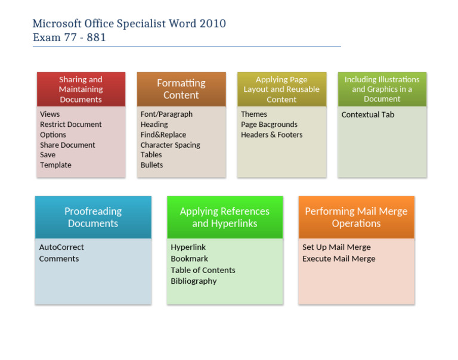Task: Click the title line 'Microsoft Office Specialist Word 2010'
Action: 129,24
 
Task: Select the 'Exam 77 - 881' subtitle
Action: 69,38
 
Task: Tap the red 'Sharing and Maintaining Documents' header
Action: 81,89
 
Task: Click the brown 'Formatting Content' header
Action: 181,89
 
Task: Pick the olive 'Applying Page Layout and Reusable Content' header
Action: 281,89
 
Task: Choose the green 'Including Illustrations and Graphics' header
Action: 382,89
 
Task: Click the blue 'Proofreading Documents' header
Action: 93,218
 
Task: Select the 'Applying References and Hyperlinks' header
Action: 225,218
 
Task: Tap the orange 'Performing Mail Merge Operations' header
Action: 356,218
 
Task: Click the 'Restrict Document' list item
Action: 71,125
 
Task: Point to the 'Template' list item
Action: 55,165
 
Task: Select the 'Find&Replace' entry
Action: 163,135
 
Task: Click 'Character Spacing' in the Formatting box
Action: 170,145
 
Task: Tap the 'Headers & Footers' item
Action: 271,135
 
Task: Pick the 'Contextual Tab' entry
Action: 367,114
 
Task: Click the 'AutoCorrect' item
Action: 61,247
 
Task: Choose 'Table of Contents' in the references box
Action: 203,270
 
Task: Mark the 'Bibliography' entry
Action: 193,281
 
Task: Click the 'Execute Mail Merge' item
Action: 339,259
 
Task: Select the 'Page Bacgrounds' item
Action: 269,125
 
